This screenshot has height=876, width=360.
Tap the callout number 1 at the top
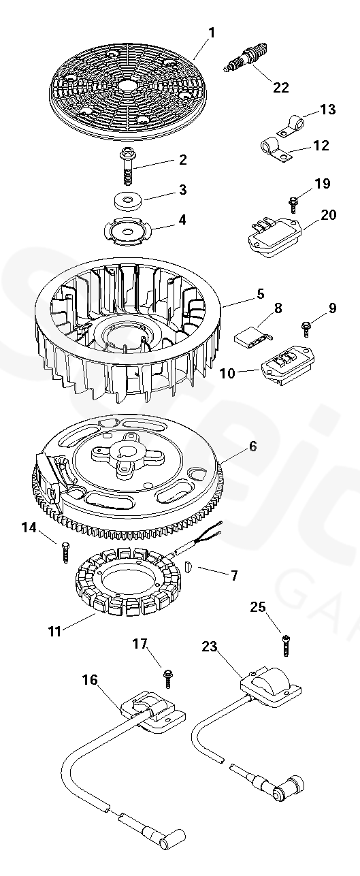point(212,33)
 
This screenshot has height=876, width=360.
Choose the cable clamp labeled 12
point(276,151)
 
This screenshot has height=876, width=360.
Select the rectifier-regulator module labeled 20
point(274,237)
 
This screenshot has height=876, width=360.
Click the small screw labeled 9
point(307,329)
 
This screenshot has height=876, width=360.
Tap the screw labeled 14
point(65,552)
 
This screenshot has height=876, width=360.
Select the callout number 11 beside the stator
point(54,631)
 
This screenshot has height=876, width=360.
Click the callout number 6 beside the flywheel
point(253,446)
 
